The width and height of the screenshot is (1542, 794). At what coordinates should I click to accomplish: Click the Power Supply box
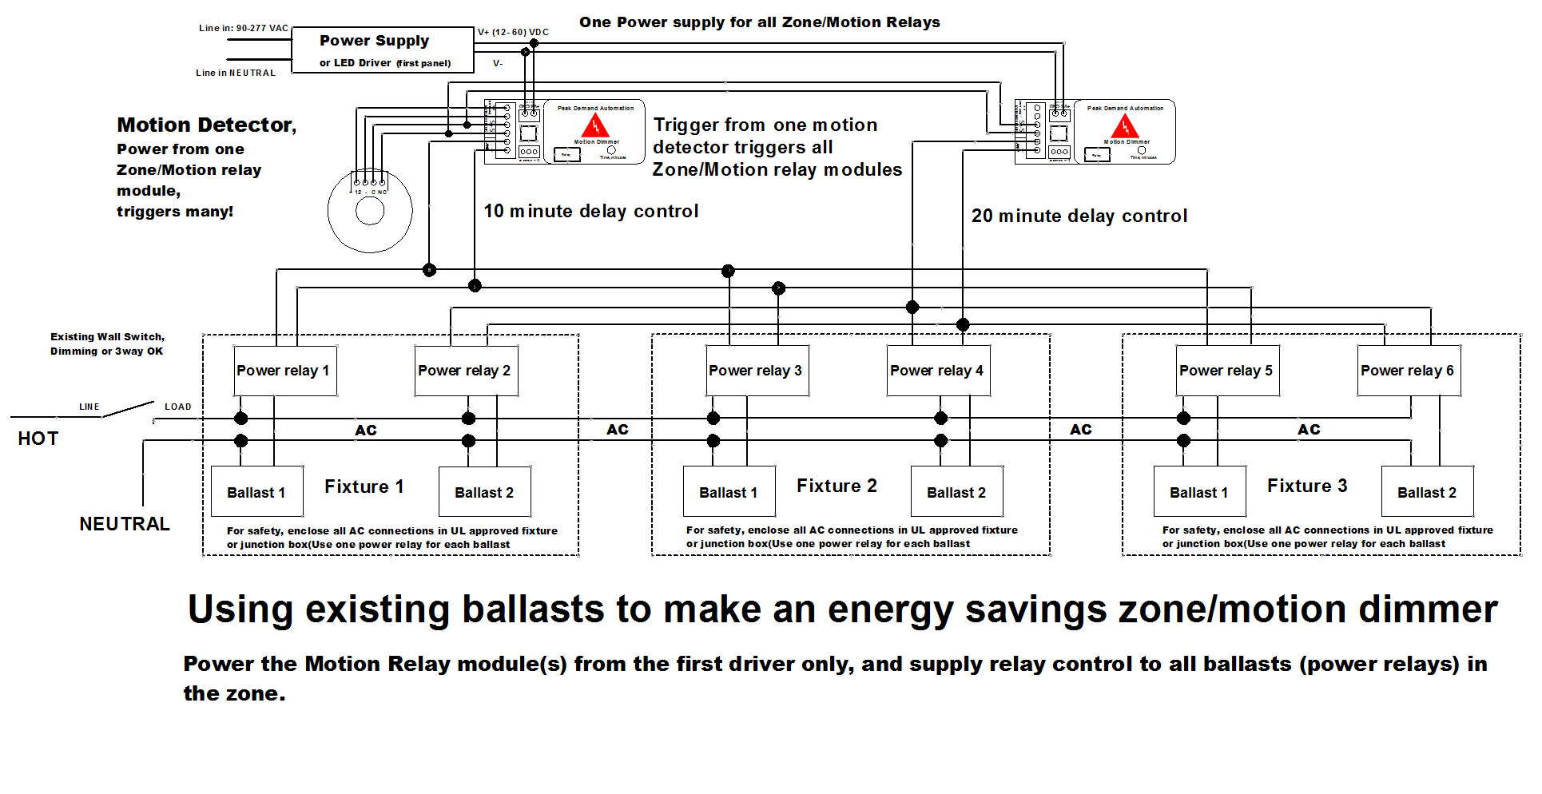pyautogui.click(x=383, y=50)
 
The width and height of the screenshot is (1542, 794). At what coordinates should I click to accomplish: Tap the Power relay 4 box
pyautogui.click(x=938, y=371)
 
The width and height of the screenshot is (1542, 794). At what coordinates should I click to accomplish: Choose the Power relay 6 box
pyautogui.click(x=1409, y=371)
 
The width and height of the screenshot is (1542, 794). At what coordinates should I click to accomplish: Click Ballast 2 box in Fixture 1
pyautogui.click(x=484, y=492)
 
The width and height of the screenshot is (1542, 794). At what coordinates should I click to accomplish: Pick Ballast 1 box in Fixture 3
pyautogui.click(x=1199, y=492)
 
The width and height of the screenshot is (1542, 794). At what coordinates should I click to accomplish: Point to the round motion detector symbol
pyautogui.click(x=370, y=211)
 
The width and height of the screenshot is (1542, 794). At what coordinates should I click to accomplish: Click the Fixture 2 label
pyautogui.click(x=837, y=486)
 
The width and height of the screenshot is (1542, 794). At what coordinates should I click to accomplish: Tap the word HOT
pyautogui.click(x=38, y=439)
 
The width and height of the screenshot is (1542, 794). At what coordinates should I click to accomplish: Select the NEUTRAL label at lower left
pyautogui.click(x=125, y=524)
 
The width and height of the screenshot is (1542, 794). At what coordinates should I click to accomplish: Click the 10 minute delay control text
pyautogui.click(x=591, y=211)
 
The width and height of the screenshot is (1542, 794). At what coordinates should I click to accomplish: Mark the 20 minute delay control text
pyautogui.click(x=1079, y=216)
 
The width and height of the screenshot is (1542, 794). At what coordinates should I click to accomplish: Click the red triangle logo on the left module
pyautogui.click(x=595, y=125)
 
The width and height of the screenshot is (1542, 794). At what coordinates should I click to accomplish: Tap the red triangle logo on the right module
pyautogui.click(x=1125, y=125)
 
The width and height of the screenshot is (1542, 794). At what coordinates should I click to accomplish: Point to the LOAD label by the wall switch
pyautogui.click(x=178, y=407)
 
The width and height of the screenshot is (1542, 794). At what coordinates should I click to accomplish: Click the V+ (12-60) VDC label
pyautogui.click(x=513, y=33)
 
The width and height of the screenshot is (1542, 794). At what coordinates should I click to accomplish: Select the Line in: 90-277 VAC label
pyautogui.click(x=244, y=28)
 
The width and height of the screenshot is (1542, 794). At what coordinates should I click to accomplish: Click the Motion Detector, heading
pyautogui.click(x=207, y=125)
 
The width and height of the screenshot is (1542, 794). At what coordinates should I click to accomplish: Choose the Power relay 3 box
pyautogui.click(x=757, y=371)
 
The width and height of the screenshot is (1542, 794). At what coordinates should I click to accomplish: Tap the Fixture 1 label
pyautogui.click(x=364, y=486)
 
